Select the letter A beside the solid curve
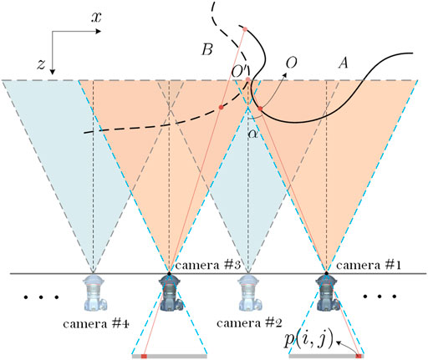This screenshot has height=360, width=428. point(342,62)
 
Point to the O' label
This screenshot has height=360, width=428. point(239,84)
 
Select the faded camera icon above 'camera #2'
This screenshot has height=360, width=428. point(247,292)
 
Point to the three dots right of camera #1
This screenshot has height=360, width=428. point(388,297)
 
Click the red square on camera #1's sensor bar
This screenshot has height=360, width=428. point(359,356)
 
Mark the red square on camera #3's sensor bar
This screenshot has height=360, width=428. point(145,356)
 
